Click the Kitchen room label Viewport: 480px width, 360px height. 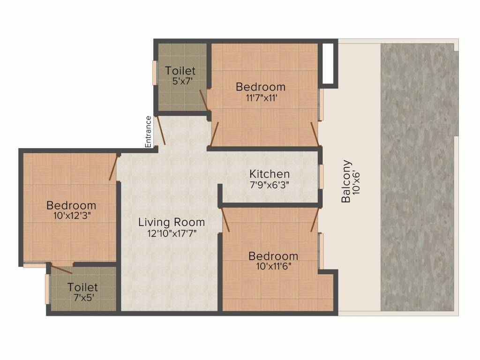[269, 174]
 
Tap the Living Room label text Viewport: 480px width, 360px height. [172, 222]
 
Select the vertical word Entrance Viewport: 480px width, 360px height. [149, 132]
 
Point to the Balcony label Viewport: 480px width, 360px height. [346, 181]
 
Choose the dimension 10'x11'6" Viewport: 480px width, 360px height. [273, 267]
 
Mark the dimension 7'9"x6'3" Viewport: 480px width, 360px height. [269, 185]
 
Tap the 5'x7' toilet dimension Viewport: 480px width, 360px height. [180, 81]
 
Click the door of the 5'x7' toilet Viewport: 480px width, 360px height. [203, 99]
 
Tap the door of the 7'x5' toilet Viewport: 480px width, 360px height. [61, 269]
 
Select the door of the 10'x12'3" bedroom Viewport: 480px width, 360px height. [113, 167]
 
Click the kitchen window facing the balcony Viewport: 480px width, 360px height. [322, 176]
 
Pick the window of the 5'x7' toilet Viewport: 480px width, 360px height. [154, 73]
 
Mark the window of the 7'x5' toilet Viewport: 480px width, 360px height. [47, 289]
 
